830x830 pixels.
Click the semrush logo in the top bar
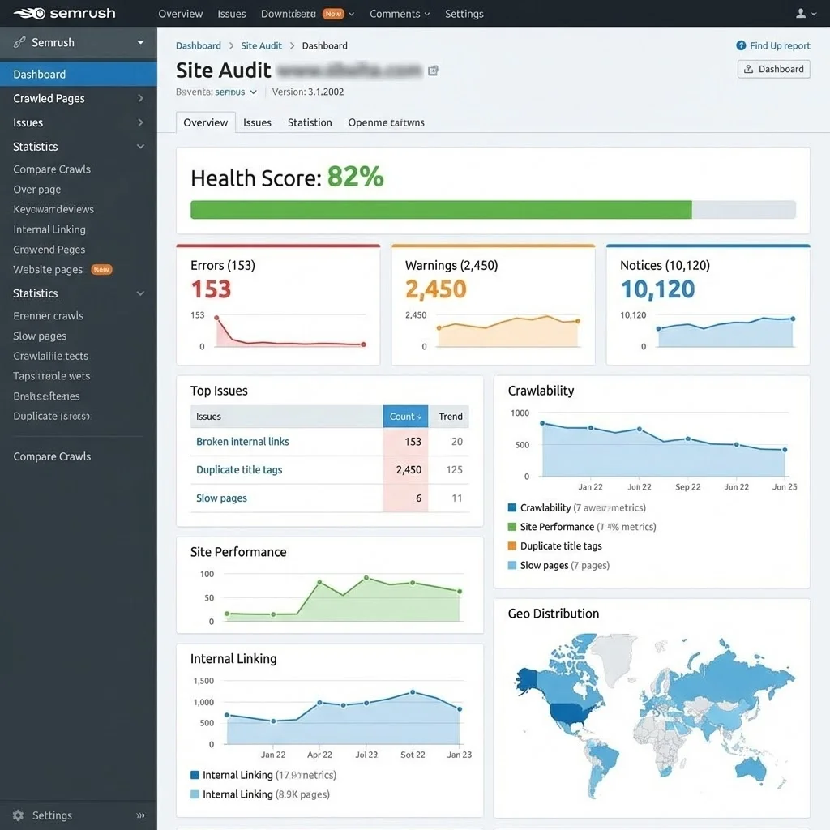point(64,14)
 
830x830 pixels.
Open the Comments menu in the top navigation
point(400,14)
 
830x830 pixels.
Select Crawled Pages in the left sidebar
point(49,98)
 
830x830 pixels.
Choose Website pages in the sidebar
point(48,270)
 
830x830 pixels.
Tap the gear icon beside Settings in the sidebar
point(18,815)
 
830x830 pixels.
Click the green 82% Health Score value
point(355,177)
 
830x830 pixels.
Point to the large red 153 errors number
point(211,289)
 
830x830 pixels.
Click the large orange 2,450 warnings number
point(436,289)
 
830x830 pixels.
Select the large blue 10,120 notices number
point(657,289)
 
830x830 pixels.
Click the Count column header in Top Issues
point(404,417)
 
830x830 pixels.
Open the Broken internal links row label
point(242,442)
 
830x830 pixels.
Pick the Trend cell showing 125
point(454,470)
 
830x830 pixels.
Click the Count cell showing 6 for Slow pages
point(418,498)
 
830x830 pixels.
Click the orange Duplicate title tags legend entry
point(560,546)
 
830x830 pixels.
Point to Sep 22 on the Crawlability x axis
point(687,487)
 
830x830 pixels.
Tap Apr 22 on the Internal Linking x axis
point(319,755)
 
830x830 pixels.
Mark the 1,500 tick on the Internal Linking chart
point(203,682)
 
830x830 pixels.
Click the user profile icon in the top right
point(801,14)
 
